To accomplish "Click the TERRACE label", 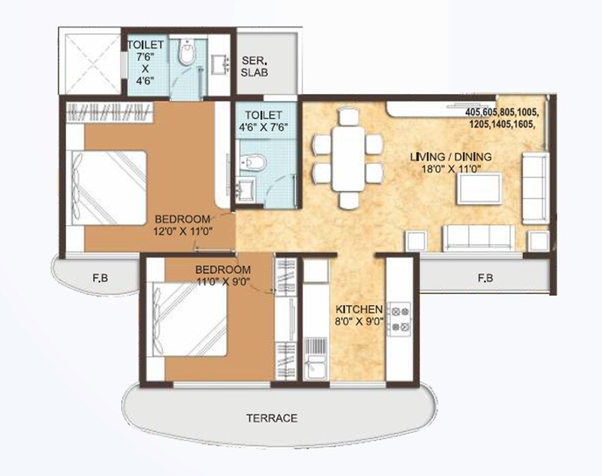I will click(x=272, y=418).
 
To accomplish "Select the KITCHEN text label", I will click(x=360, y=309).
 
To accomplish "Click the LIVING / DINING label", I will click(x=450, y=157).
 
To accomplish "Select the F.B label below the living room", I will click(x=484, y=277).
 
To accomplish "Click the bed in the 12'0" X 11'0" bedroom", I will click(x=112, y=186).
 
